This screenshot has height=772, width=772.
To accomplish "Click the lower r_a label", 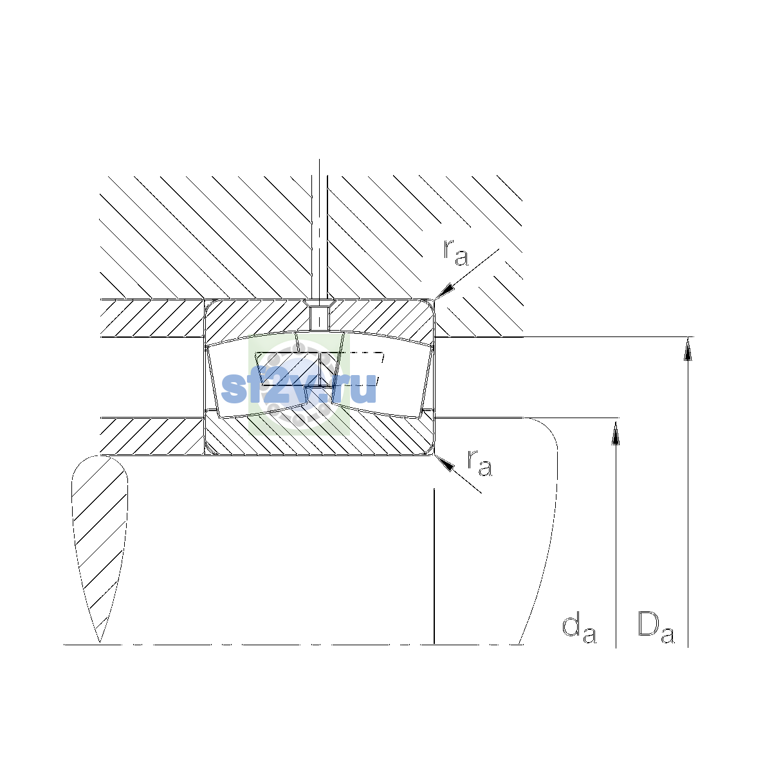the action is (x=479, y=463).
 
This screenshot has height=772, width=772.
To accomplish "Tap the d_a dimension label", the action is (x=579, y=629).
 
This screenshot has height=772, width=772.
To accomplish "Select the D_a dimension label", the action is (x=656, y=628).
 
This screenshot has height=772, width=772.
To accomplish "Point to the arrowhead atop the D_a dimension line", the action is (x=688, y=349).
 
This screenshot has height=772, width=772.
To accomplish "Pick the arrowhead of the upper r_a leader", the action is (x=445, y=291).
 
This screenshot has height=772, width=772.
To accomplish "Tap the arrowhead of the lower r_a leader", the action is (x=445, y=463).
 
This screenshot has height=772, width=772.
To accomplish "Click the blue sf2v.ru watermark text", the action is (x=299, y=387).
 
